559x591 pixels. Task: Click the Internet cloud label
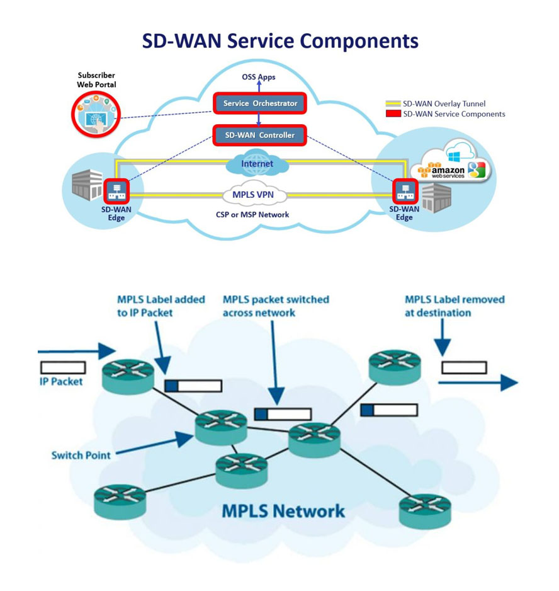point(257,164)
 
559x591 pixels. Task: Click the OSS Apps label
point(259,77)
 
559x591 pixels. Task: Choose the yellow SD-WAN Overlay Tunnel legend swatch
point(393,104)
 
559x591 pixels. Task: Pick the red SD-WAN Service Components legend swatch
point(393,114)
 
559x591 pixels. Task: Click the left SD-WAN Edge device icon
point(116,191)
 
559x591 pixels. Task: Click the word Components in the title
point(359,40)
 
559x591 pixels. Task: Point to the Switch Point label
point(81,455)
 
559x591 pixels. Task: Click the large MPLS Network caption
point(283,510)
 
